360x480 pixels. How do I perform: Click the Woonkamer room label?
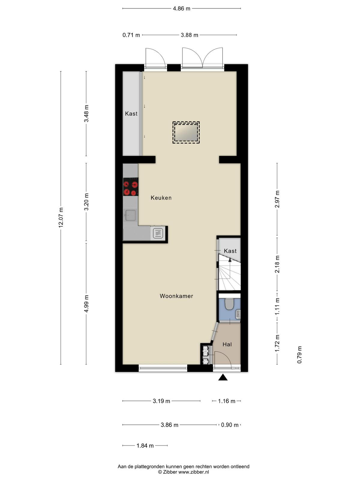(176, 296)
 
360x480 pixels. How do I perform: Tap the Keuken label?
(161, 198)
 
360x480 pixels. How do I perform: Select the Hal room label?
(227, 344)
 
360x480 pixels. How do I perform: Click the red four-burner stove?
(131, 187)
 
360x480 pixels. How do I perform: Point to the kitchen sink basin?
(130, 215)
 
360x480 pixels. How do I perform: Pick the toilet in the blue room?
(229, 304)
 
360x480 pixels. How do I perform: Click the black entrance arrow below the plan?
(223, 377)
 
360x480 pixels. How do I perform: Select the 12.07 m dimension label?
(61, 217)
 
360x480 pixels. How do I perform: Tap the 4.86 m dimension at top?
(181, 8)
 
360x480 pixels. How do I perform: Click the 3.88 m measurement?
(189, 35)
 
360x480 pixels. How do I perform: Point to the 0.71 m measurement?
(131, 35)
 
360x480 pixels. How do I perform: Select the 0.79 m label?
(299, 355)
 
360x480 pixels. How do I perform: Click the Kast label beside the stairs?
(230, 251)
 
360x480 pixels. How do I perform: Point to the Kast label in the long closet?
(131, 113)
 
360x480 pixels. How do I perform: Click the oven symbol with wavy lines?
(158, 233)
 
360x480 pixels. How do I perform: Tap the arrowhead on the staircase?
(230, 259)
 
